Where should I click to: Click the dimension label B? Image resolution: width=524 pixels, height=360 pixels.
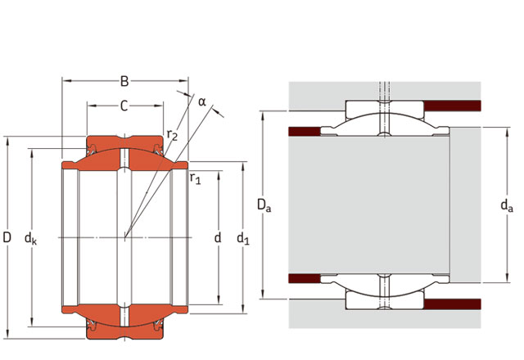(x=124, y=81)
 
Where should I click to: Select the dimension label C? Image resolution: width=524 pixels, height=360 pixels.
(x=124, y=106)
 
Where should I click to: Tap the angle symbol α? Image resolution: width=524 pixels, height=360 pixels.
(x=202, y=101)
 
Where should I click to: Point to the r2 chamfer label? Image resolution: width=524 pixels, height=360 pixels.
(x=172, y=134)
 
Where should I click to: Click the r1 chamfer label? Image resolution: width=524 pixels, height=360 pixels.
(x=196, y=178)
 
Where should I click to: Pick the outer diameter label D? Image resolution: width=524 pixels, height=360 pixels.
(x=7, y=237)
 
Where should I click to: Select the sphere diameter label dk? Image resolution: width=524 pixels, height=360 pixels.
(x=31, y=238)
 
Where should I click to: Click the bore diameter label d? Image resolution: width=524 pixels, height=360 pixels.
(x=218, y=238)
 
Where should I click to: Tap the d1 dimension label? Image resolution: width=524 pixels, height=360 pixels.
(x=243, y=239)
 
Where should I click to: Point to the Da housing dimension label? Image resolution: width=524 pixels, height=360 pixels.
(x=264, y=205)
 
